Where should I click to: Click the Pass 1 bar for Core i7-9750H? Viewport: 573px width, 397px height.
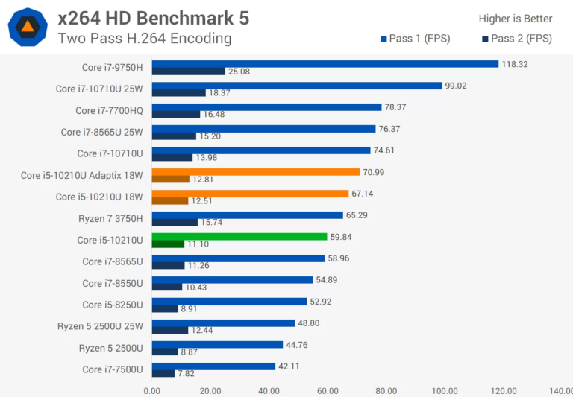click(x=325, y=64)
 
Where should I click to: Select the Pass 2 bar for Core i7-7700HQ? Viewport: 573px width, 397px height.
click(x=176, y=114)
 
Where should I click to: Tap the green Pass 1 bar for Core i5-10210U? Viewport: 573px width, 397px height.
click(x=239, y=237)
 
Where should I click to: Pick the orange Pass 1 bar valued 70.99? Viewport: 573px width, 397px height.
click(x=256, y=172)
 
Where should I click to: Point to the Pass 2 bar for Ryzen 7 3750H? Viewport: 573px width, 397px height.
click(x=175, y=222)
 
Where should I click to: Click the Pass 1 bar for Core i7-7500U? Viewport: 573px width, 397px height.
click(x=213, y=366)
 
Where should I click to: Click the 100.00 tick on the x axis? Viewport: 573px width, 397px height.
click(x=445, y=390)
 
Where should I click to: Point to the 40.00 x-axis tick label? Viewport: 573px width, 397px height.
click(x=269, y=390)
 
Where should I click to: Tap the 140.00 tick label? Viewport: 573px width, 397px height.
click(x=561, y=390)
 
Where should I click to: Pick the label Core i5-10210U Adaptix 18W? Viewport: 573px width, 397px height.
click(x=83, y=176)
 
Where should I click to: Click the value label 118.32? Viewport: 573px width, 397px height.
click(x=515, y=64)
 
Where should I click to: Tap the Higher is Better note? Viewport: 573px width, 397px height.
click(x=516, y=19)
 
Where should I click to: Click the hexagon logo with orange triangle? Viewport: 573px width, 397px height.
click(x=27, y=28)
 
